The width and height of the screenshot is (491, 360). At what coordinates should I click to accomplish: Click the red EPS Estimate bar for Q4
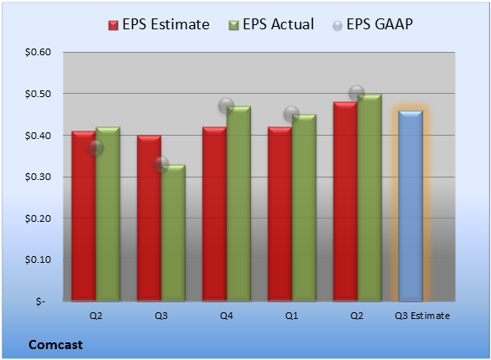click(x=214, y=214)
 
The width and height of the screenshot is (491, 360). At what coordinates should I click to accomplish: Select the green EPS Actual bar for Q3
click(x=173, y=233)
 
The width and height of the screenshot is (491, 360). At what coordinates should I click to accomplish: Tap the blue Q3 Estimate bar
click(x=411, y=206)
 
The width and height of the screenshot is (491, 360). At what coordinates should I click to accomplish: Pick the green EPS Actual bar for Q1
click(x=304, y=208)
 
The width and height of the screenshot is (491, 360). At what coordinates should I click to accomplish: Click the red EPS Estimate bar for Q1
click(x=279, y=214)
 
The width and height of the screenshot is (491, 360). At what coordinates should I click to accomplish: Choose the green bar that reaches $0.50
click(x=369, y=198)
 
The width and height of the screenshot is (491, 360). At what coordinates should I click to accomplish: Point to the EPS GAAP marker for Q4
click(x=226, y=105)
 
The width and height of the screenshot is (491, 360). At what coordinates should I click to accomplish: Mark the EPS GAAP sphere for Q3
click(x=161, y=164)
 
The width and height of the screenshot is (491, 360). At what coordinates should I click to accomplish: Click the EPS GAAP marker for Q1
click(x=292, y=114)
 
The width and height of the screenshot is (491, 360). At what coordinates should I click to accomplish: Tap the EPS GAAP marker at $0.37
click(x=95, y=147)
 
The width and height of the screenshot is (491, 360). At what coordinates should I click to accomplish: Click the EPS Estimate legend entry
click(x=159, y=24)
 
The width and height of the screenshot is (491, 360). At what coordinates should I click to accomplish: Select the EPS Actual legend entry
click(x=271, y=24)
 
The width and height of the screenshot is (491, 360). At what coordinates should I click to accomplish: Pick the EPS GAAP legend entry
click(x=372, y=24)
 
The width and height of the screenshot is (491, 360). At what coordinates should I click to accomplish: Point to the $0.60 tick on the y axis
click(x=38, y=52)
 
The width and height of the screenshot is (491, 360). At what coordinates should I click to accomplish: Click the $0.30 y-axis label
click(x=38, y=177)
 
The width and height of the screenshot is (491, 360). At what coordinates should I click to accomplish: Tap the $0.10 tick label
click(x=38, y=260)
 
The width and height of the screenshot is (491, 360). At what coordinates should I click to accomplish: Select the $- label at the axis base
click(x=40, y=301)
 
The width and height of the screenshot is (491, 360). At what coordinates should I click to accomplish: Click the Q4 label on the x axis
click(x=227, y=316)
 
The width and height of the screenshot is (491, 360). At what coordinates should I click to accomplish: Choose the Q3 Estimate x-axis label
click(x=422, y=316)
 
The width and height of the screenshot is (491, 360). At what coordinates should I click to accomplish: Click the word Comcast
click(x=56, y=345)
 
